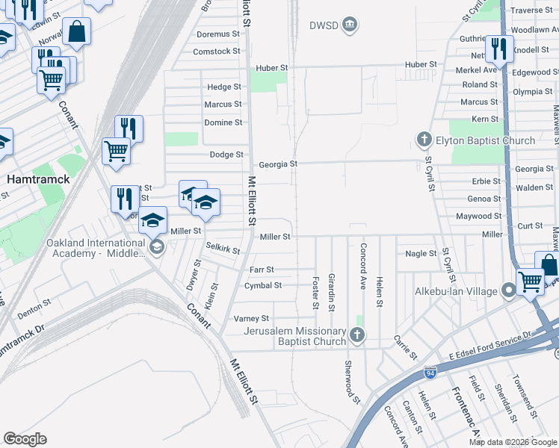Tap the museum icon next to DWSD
349,26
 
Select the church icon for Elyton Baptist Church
424,140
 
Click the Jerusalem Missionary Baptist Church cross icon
357,336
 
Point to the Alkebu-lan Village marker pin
509,289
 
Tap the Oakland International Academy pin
156,247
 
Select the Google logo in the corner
25,439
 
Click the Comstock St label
217,52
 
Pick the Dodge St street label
226,155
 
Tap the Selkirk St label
223,250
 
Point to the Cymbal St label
262,285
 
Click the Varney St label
251,319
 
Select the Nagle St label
420,254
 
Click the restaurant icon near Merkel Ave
499,50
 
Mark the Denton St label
35,309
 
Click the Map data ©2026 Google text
513,442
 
